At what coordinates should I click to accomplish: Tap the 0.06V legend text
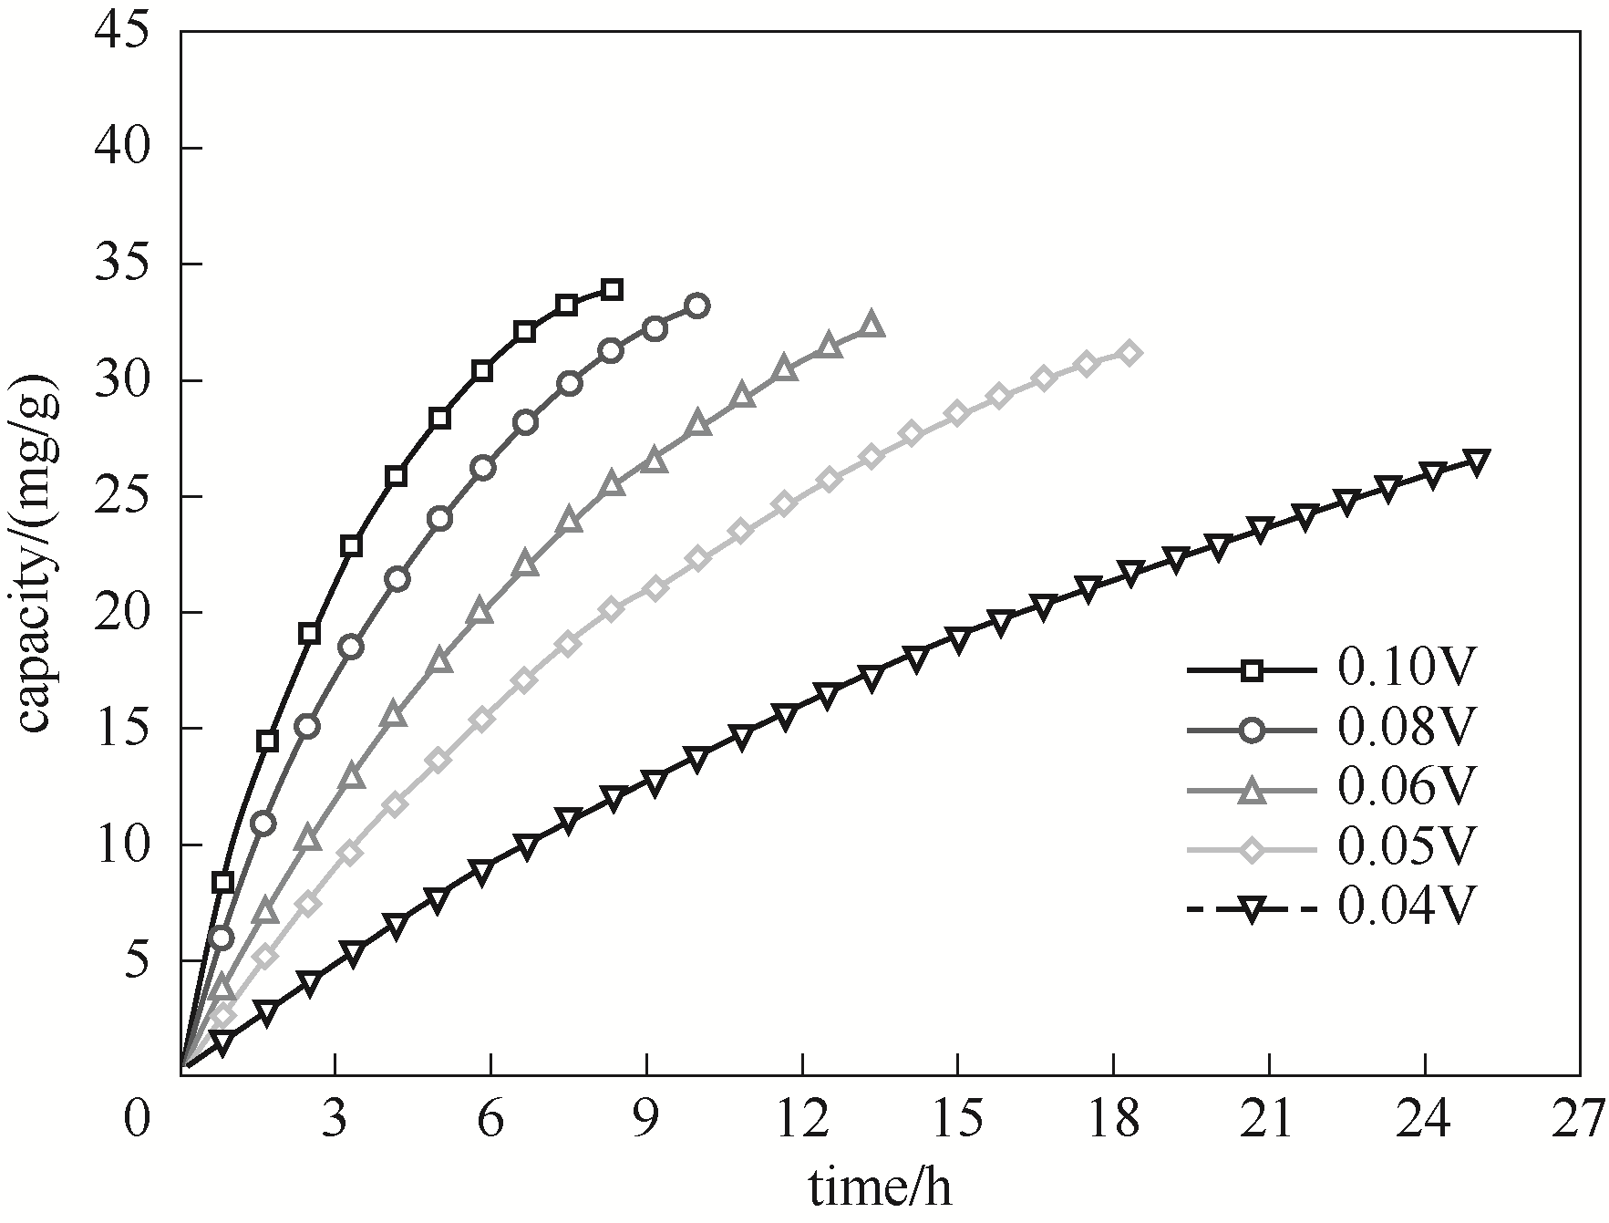click(x=1405, y=788)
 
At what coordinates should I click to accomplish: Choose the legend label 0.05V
click(x=1405, y=847)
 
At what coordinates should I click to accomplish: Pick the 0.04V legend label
click(x=1405, y=907)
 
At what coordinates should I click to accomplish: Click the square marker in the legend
click(x=1253, y=671)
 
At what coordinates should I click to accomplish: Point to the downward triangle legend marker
click(x=1253, y=909)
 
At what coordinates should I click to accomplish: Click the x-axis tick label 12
click(x=802, y=1120)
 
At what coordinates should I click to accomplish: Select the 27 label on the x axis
click(x=1578, y=1120)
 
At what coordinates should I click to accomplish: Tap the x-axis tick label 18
click(x=1113, y=1120)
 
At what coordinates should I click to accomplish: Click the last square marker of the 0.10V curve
click(x=612, y=290)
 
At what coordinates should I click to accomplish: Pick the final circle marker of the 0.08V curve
click(x=697, y=306)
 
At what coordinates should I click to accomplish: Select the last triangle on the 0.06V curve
click(x=871, y=325)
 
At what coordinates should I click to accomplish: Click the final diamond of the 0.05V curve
click(x=1129, y=353)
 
